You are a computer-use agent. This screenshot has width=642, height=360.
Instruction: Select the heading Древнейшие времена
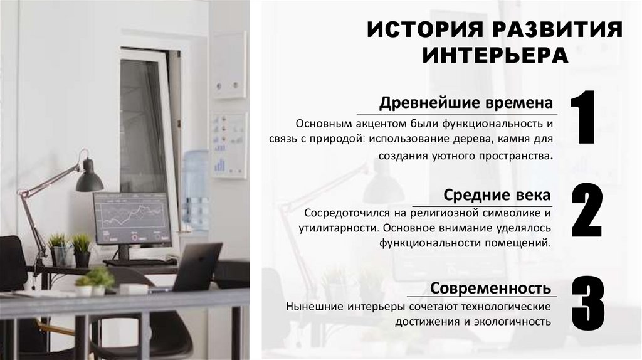point(466,102)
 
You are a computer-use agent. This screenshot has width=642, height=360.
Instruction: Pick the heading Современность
point(491,288)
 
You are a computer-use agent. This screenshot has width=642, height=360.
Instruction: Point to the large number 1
point(584,119)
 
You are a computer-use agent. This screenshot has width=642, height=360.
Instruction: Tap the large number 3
point(587,304)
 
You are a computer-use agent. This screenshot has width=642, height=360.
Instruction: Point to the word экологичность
point(514,322)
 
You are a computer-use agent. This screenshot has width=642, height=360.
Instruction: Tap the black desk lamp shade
point(89,178)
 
